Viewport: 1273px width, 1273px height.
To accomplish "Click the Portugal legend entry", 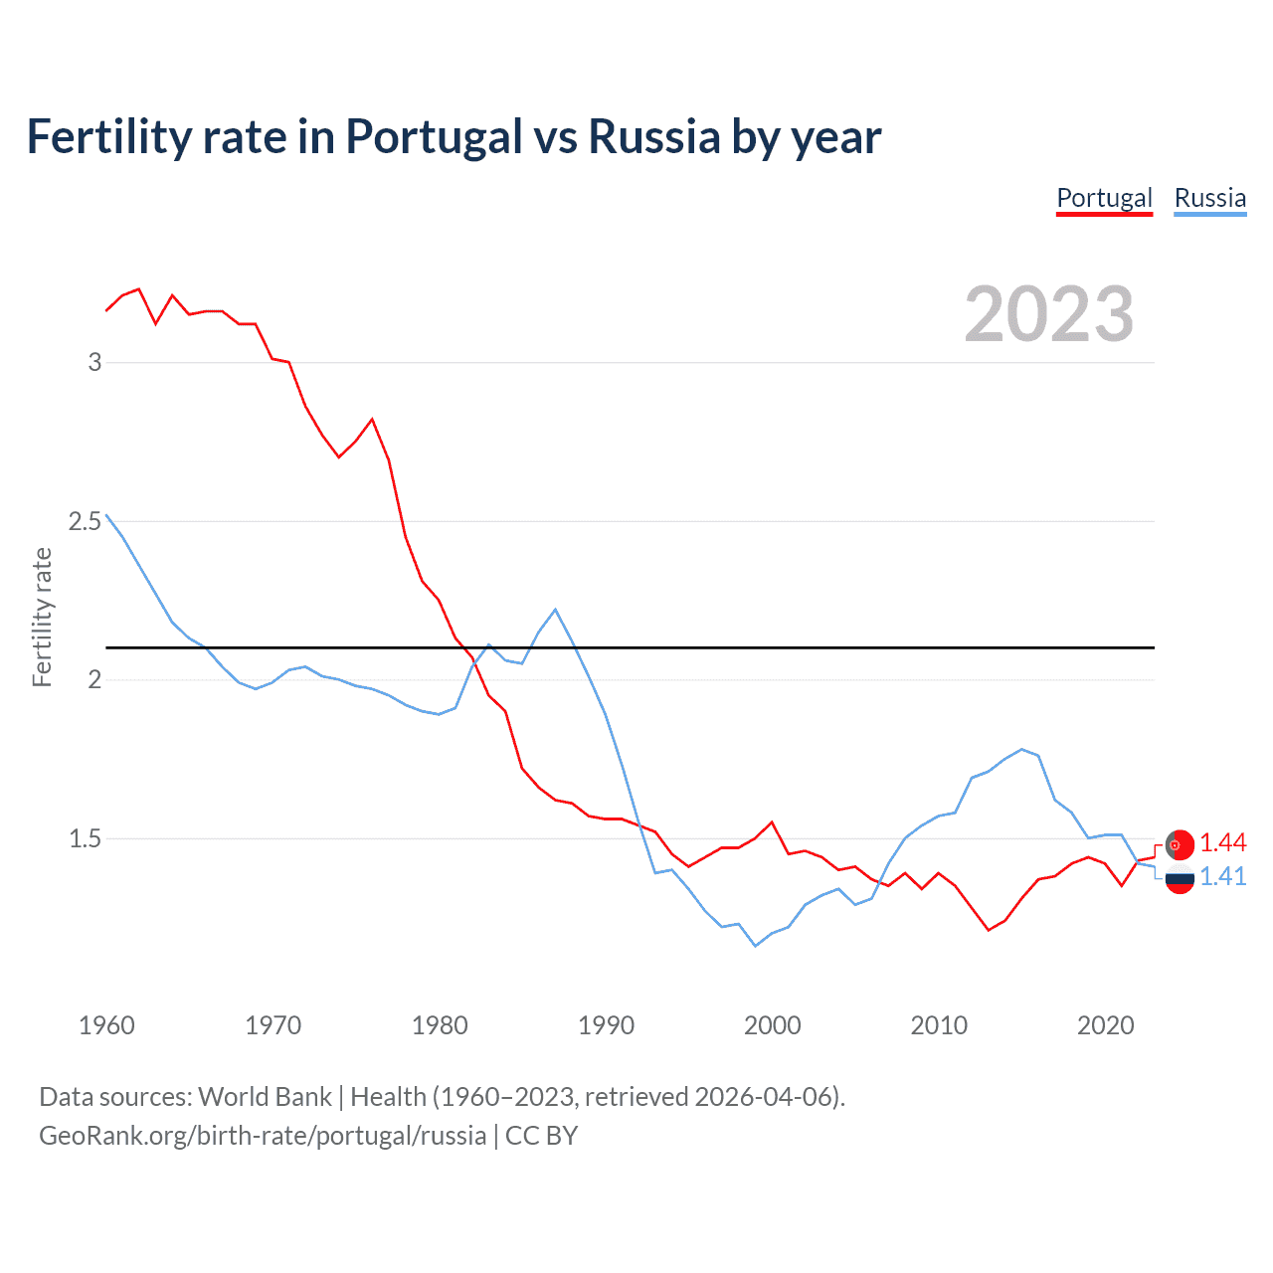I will (x=1104, y=199).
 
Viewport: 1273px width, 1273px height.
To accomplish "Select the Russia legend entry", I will (x=1209, y=199).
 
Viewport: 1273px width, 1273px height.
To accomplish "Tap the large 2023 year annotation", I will (x=1049, y=314).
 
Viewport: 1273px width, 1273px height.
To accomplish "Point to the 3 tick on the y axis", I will (x=94, y=362).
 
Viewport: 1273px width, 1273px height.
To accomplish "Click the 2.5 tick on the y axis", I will (x=86, y=521).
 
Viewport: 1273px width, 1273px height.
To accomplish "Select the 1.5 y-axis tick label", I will (x=86, y=838).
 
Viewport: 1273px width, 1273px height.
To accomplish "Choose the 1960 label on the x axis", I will (x=106, y=1025).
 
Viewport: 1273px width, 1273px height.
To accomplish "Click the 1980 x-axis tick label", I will (x=440, y=1025).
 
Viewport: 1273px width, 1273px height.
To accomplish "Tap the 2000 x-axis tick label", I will (x=773, y=1025).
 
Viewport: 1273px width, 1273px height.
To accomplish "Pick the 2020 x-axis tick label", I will (x=1105, y=1025).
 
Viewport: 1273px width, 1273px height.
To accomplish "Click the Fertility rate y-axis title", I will (x=42, y=617).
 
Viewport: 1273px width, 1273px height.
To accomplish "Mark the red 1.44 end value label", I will (x=1222, y=843).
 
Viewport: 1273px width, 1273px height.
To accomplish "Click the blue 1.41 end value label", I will (x=1222, y=876).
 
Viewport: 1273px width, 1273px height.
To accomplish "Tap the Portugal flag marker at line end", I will (x=1180, y=844).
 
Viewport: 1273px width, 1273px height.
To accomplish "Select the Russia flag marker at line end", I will (x=1180, y=879).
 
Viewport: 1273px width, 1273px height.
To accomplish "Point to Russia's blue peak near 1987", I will (x=555, y=610).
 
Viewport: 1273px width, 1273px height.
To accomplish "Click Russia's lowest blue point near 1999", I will (x=756, y=946).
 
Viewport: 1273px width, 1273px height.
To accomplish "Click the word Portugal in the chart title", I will (x=434, y=137).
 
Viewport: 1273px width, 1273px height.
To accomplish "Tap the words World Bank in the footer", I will (x=265, y=1097).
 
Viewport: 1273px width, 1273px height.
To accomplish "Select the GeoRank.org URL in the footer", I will (x=263, y=1136).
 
